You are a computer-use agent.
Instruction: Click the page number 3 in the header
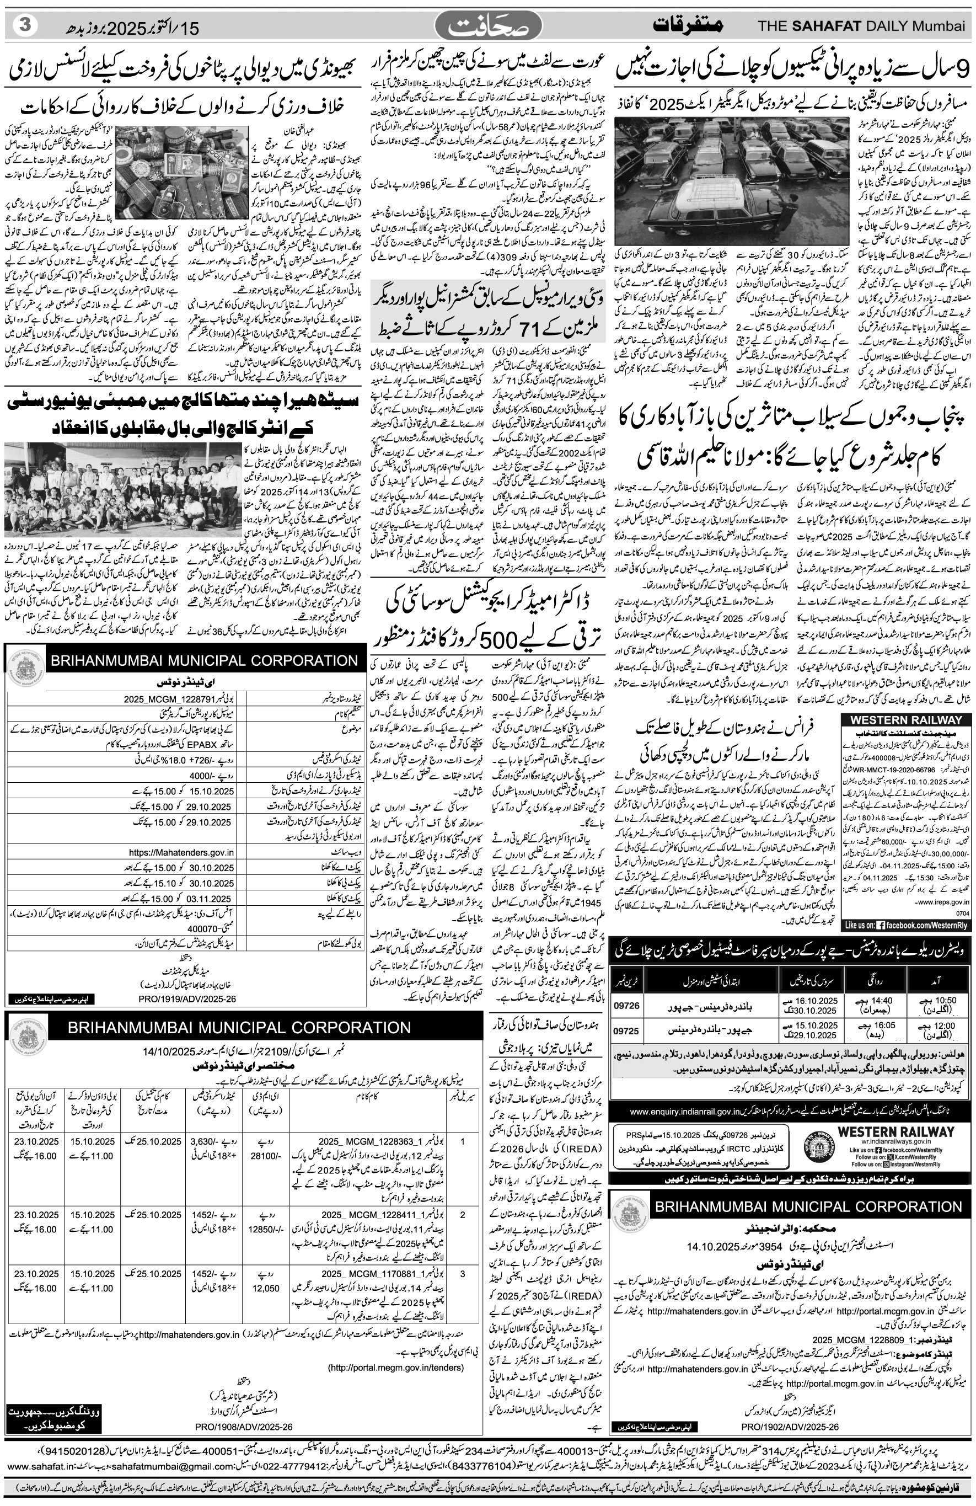pyautogui.click(x=26, y=26)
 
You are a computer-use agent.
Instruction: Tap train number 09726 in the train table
pyautogui.click(x=626, y=1006)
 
